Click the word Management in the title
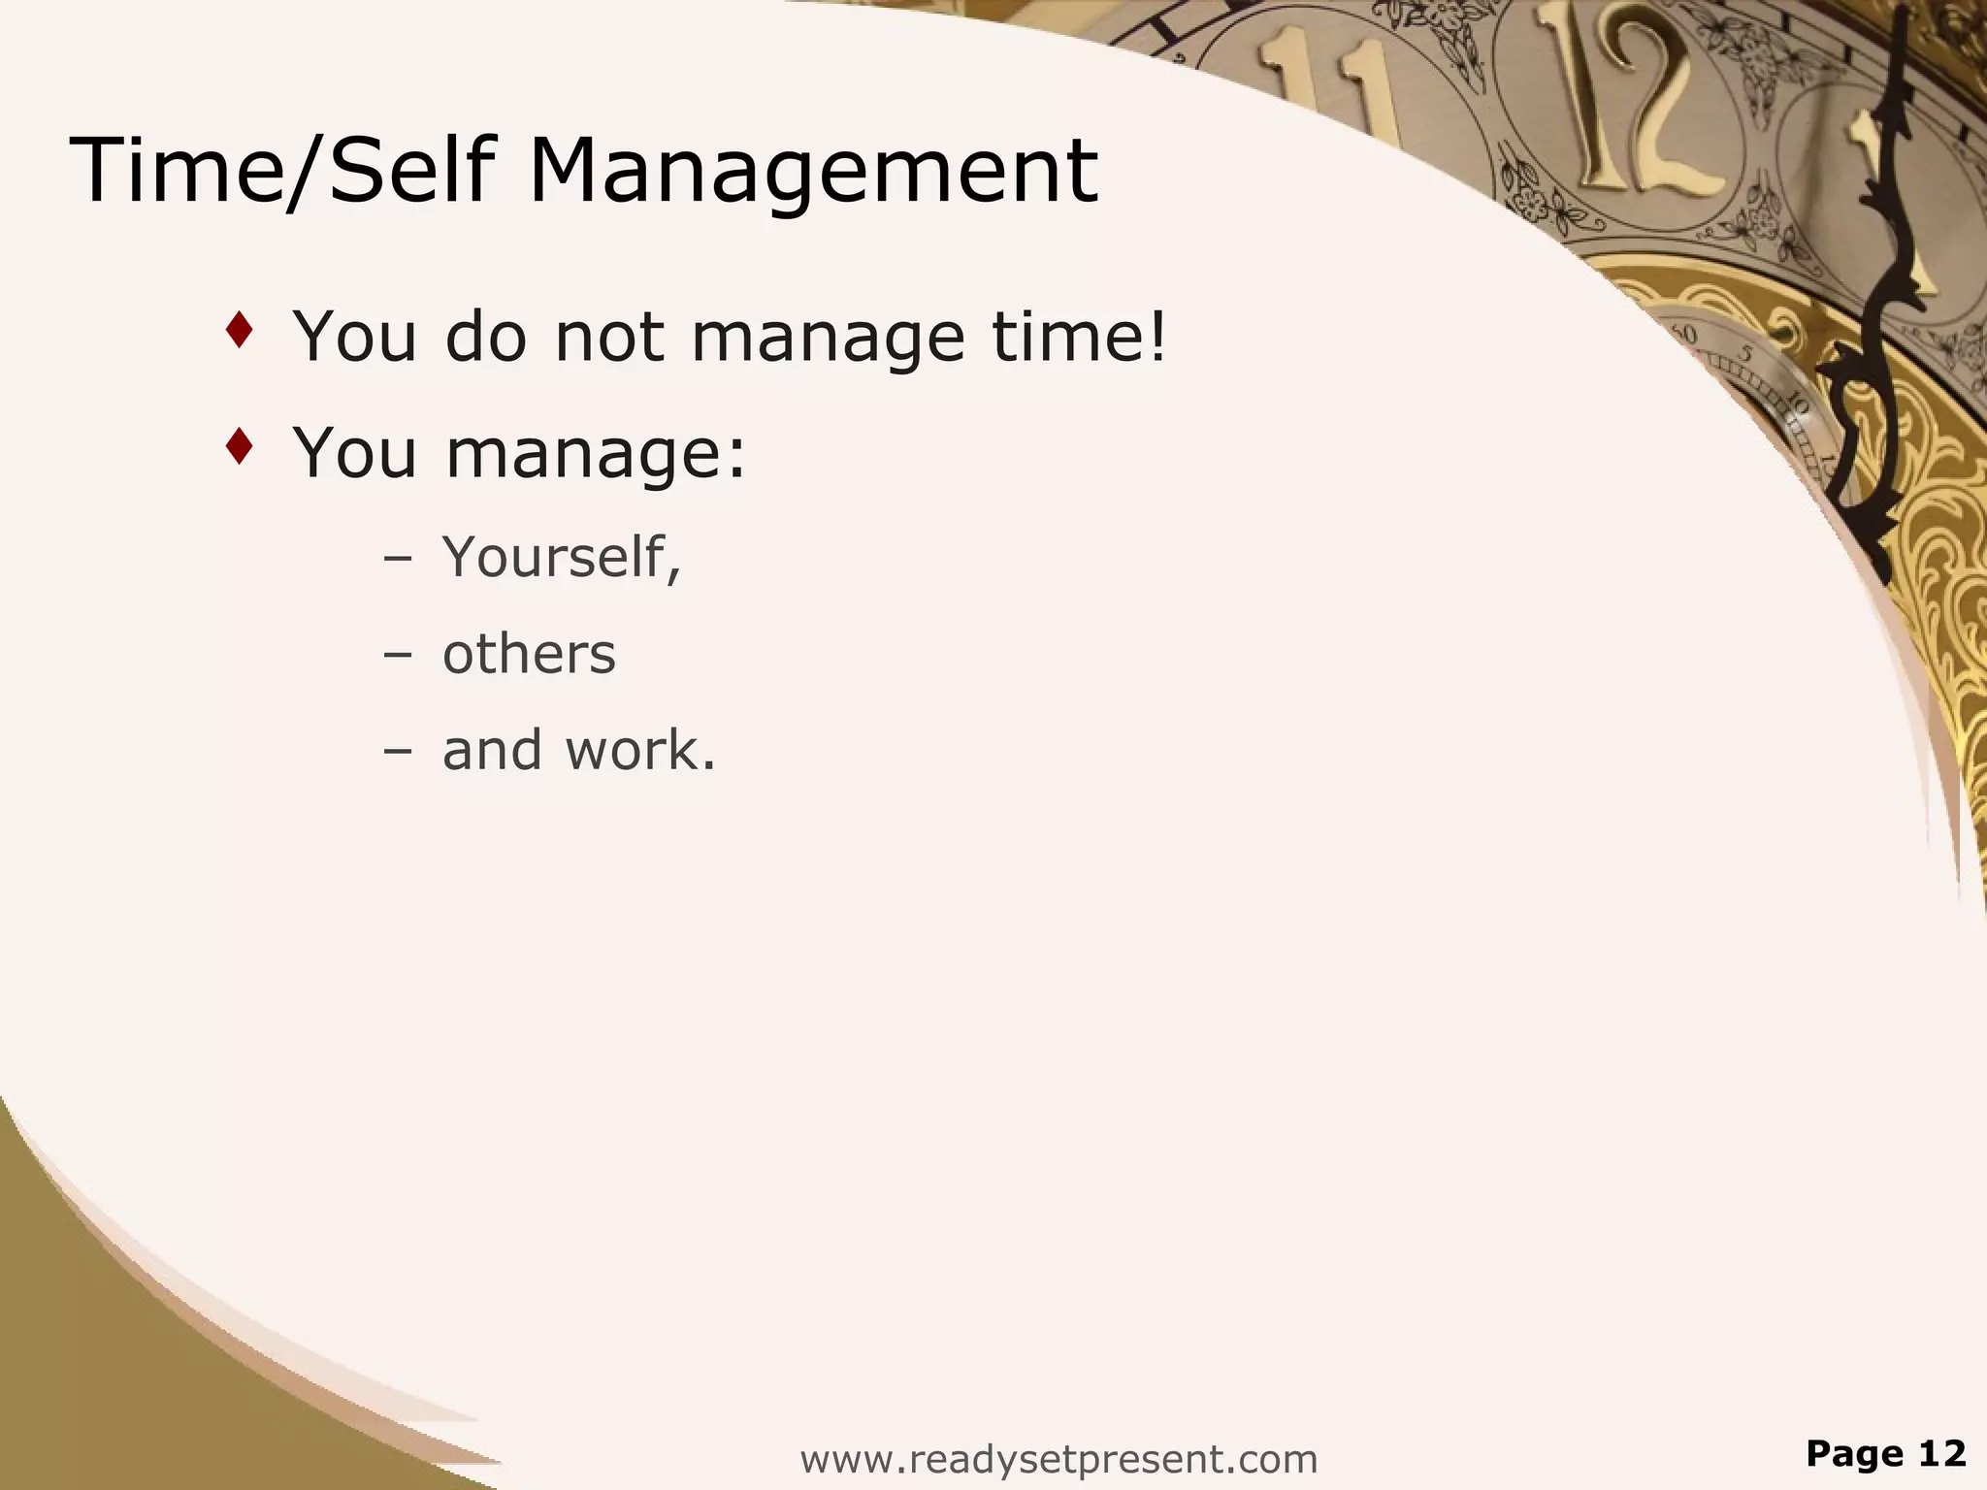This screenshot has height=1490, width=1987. pyautogui.click(x=813, y=173)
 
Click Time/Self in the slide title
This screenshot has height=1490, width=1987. pyautogui.click(x=281, y=171)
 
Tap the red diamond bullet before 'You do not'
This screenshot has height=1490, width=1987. pyautogui.click(x=239, y=331)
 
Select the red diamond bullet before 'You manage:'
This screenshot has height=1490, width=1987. pyautogui.click(x=239, y=446)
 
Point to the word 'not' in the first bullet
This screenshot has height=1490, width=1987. pyautogui.click(x=609, y=339)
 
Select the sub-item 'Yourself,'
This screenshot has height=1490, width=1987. pyautogui.click(x=562, y=558)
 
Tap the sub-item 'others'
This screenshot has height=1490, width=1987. pyautogui.click(x=529, y=654)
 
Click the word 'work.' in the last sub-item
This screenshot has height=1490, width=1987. pyautogui.click(x=640, y=750)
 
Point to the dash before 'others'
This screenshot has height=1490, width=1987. pyautogui.click(x=397, y=655)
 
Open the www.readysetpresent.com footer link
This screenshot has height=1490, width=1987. pyautogui.click(x=1059, y=1459)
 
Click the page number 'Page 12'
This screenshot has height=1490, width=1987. pyautogui.click(x=1885, y=1453)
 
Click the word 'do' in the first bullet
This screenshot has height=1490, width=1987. pyautogui.click(x=485, y=337)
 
